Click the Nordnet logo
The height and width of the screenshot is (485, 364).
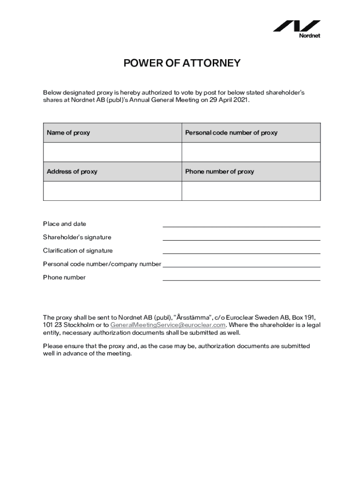[x=297, y=28]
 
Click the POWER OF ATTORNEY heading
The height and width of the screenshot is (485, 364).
[x=182, y=63]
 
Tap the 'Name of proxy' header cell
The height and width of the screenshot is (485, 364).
[x=112, y=133]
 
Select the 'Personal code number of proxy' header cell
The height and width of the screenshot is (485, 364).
[x=251, y=133]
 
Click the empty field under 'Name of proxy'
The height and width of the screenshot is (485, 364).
[x=112, y=152]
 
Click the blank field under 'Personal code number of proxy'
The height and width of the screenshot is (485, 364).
[x=251, y=152]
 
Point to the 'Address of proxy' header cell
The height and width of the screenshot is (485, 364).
[x=112, y=171]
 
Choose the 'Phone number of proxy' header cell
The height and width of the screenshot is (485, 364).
[x=251, y=171]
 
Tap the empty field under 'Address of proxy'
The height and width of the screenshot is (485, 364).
[x=112, y=191]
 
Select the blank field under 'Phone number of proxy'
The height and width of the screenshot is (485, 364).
[x=251, y=191]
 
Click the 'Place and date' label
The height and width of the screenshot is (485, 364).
[x=65, y=224]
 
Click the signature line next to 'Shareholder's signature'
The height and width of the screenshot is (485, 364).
[x=241, y=239]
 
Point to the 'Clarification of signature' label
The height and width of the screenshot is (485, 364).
[x=78, y=251]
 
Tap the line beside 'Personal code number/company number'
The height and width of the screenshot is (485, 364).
[x=241, y=266]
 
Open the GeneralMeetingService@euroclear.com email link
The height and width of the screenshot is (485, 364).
[x=168, y=325]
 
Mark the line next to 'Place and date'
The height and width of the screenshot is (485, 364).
[x=241, y=226]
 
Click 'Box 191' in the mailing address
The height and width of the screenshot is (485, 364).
[x=303, y=317]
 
